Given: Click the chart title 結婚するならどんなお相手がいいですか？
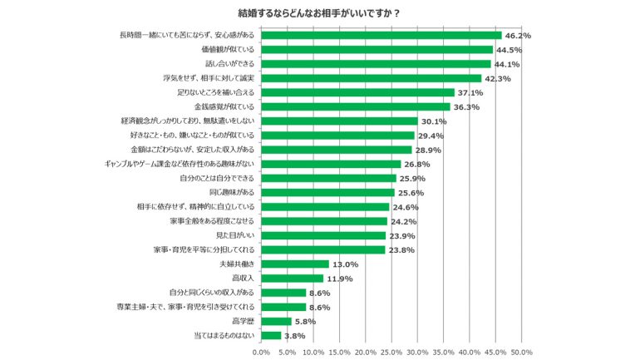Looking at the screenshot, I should pos(320,12).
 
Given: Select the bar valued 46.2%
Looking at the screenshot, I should pos(382,36).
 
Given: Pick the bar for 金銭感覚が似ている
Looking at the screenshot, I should pos(356,106).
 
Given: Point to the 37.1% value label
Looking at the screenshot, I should pos(470,92).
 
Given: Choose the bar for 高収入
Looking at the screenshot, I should pos(293,278).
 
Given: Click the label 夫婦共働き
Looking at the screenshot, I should pos(238,264).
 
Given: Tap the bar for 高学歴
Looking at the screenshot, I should pos(277,321).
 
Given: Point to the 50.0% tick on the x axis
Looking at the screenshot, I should pos(521,352).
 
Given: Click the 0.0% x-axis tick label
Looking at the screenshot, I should pos(261,352).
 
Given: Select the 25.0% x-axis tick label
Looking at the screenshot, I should pos(391,352).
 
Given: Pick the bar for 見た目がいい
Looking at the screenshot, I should pos(323,235).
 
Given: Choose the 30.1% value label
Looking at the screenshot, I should pos(433,121).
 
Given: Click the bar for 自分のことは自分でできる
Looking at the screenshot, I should pos(328,178).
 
